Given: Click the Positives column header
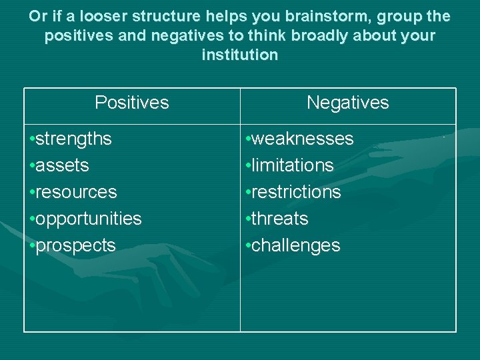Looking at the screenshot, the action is click(x=132, y=103).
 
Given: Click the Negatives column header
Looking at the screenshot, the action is click(x=347, y=103).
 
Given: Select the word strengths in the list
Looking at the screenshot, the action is click(x=73, y=139).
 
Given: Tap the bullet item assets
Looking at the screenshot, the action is click(x=62, y=165).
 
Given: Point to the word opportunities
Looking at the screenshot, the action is click(x=89, y=219).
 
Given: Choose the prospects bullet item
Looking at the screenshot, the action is click(x=75, y=245).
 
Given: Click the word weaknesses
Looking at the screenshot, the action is click(x=303, y=139).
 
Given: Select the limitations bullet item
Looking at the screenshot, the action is click(x=293, y=165).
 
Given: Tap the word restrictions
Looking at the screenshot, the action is click(x=296, y=192).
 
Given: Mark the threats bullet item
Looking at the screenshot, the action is click(x=280, y=219).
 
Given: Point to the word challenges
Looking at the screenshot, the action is click(x=296, y=245).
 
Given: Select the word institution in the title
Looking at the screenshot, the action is click(x=240, y=55).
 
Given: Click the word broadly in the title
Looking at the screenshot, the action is click(x=305, y=35).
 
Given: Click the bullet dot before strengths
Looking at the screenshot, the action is click(x=32, y=139).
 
